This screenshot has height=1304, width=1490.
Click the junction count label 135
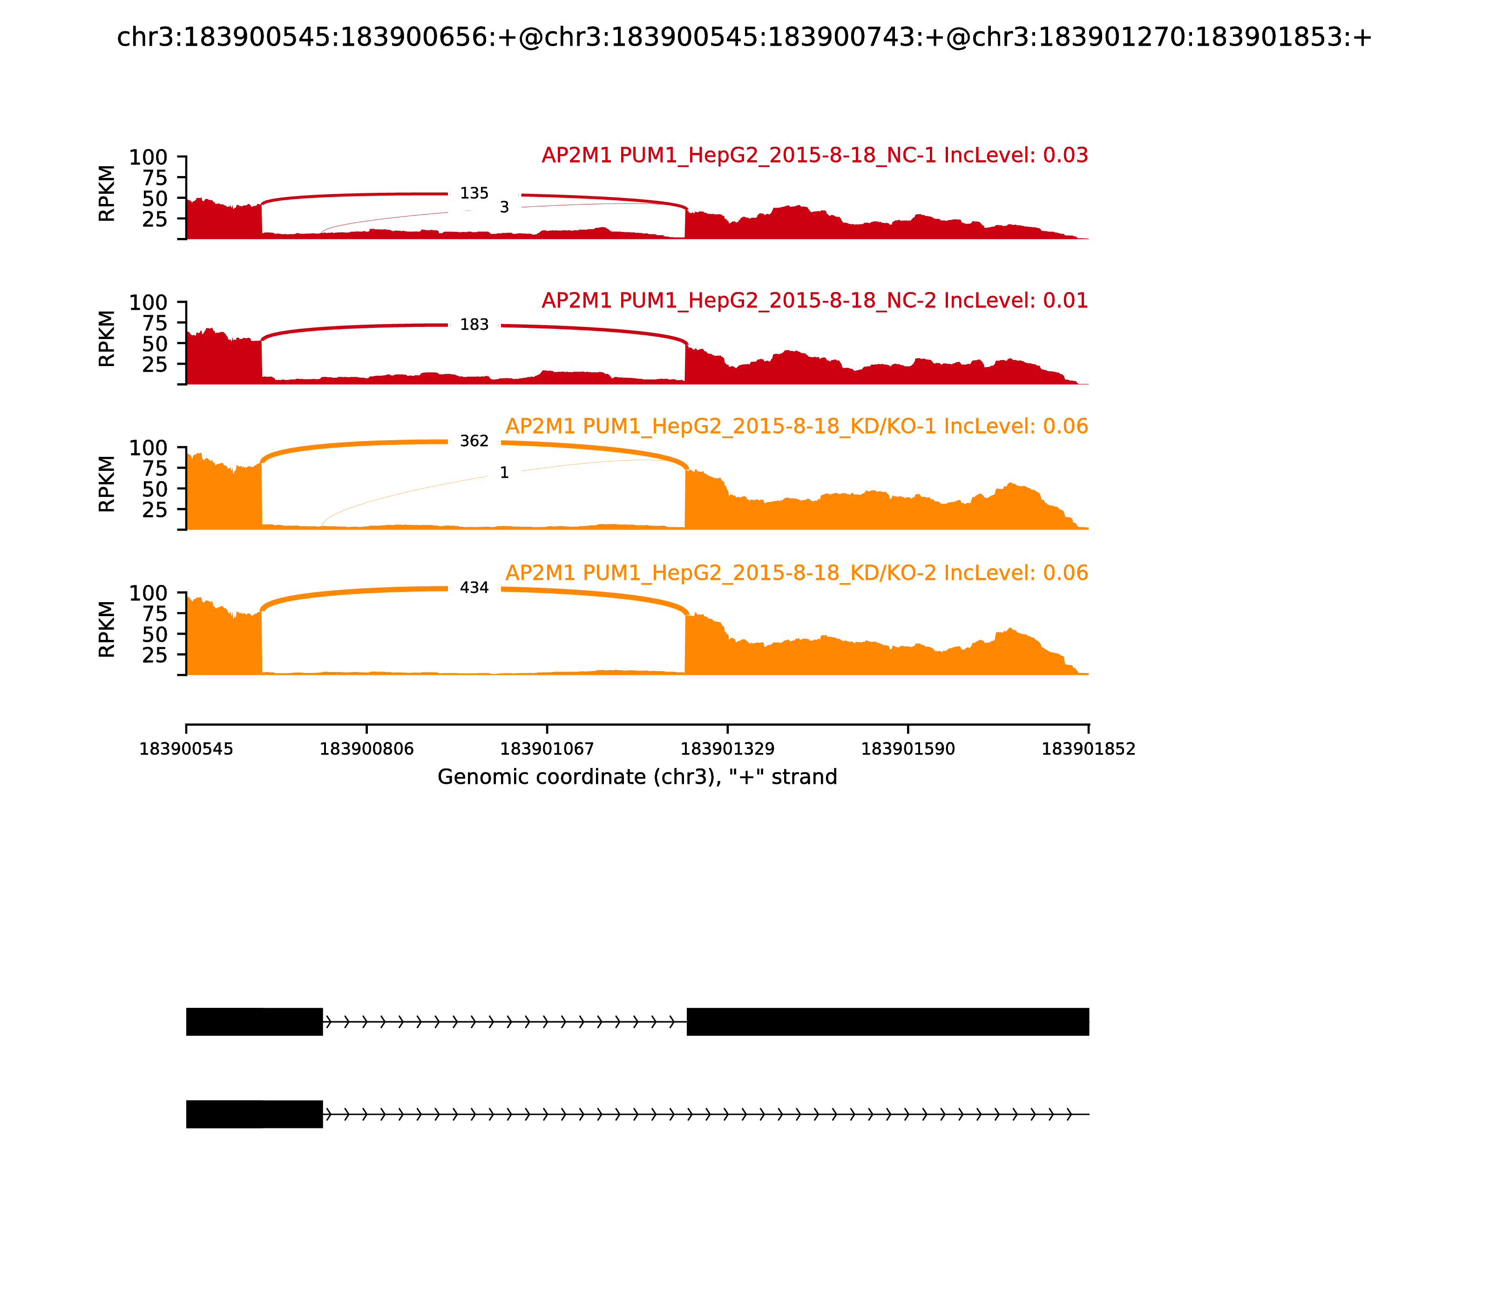(x=474, y=194)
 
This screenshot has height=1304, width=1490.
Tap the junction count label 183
(x=474, y=325)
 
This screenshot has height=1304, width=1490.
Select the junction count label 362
(x=474, y=441)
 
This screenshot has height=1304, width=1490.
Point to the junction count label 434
(x=474, y=588)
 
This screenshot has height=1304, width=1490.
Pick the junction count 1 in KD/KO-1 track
(x=504, y=474)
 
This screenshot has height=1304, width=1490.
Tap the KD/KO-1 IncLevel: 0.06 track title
(x=797, y=427)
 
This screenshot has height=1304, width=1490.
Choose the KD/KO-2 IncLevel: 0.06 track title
(x=797, y=573)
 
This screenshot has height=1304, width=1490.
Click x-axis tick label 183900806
(x=367, y=749)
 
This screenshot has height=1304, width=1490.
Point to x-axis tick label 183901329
(x=727, y=749)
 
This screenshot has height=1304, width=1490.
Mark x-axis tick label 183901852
(x=1089, y=749)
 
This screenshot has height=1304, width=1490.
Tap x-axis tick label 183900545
(x=186, y=749)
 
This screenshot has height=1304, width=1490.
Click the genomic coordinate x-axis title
(x=637, y=778)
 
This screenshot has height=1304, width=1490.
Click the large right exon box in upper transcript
(x=887, y=1022)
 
